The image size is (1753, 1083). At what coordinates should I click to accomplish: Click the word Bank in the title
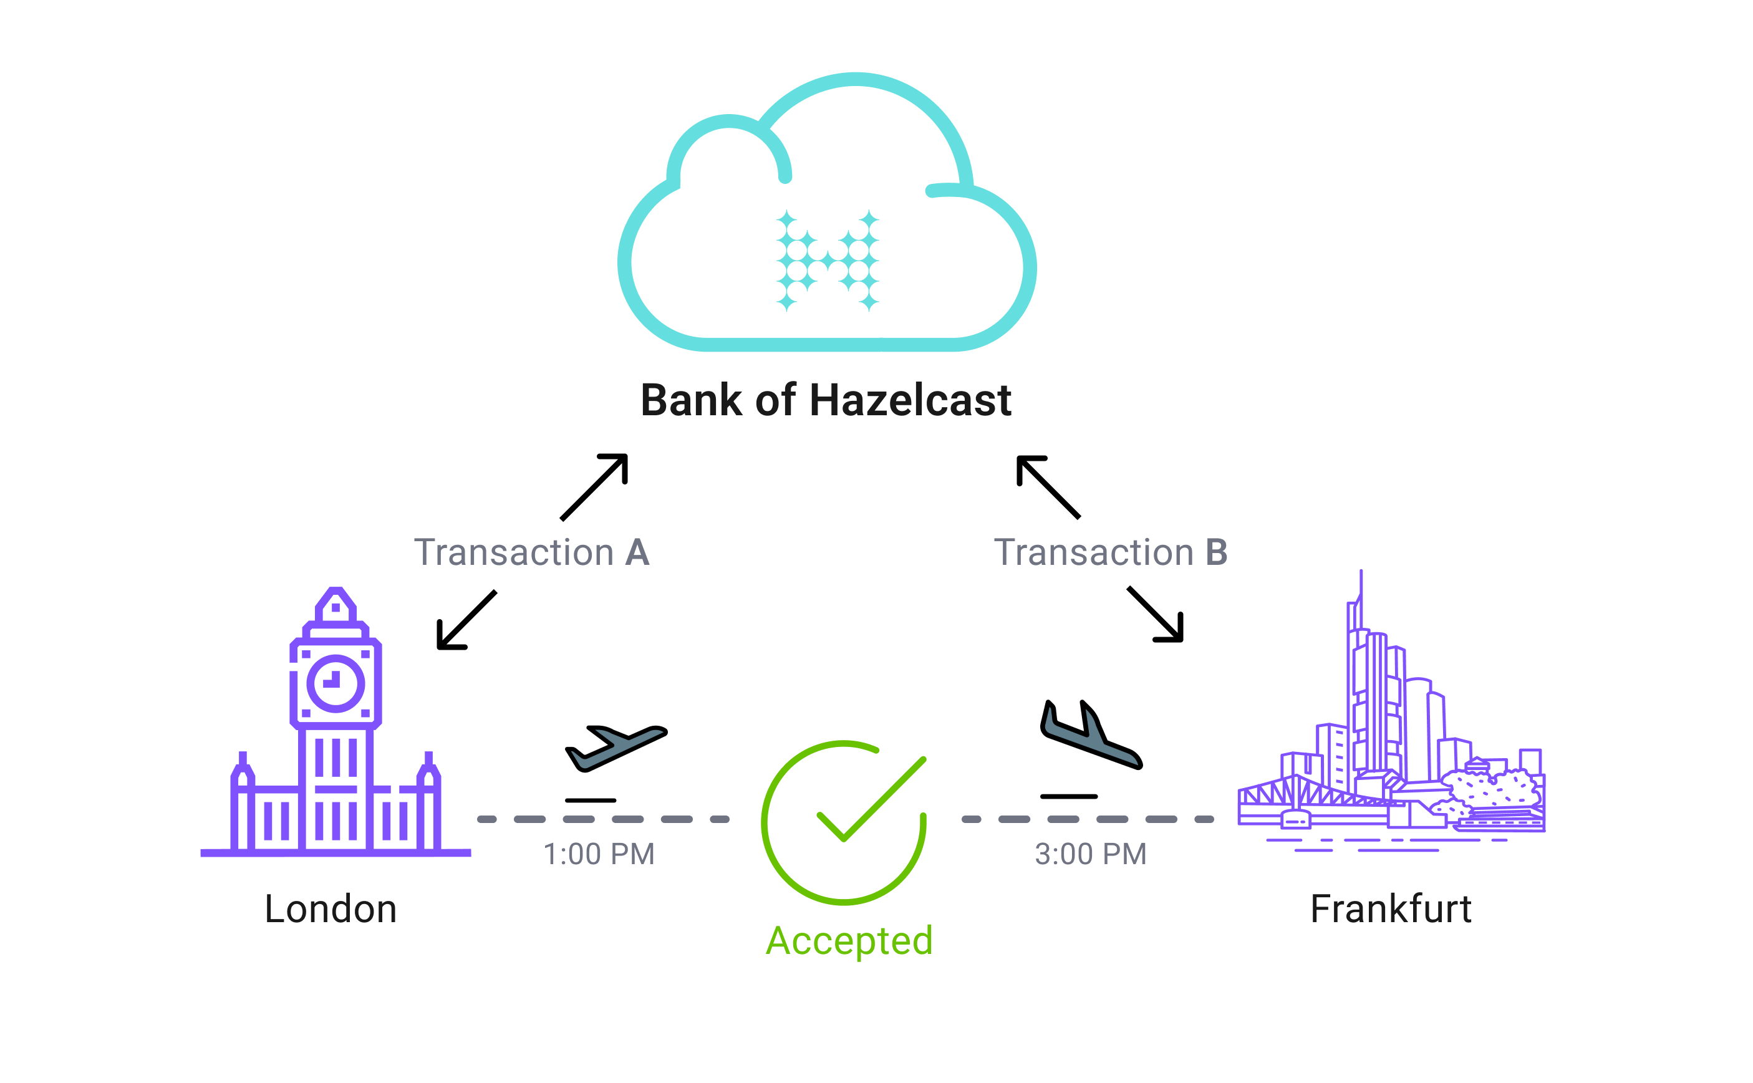(x=692, y=400)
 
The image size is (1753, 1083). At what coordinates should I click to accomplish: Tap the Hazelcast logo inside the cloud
(x=828, y=261)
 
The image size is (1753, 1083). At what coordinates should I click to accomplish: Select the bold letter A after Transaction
(x=637, y=553)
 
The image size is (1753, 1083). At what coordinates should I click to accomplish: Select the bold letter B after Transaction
(x=1217, y=553)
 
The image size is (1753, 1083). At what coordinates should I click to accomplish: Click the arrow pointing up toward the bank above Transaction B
(x=1047, y=486)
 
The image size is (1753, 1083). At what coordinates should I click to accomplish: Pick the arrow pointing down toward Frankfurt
(x=1156, y=615)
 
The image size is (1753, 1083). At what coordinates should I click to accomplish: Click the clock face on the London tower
(x=336, y=683)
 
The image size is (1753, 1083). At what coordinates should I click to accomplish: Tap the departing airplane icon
(x=616, y=748)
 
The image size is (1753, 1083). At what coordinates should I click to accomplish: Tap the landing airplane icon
(x=1089, y=737)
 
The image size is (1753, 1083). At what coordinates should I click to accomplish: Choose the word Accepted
(x=849, y=941)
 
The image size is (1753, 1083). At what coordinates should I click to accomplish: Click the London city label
(x=331, y=910)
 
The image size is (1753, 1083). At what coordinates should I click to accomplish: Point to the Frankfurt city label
(x=1391, y=910)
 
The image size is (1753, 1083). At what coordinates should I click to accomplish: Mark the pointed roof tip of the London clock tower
(x=336, y=592)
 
